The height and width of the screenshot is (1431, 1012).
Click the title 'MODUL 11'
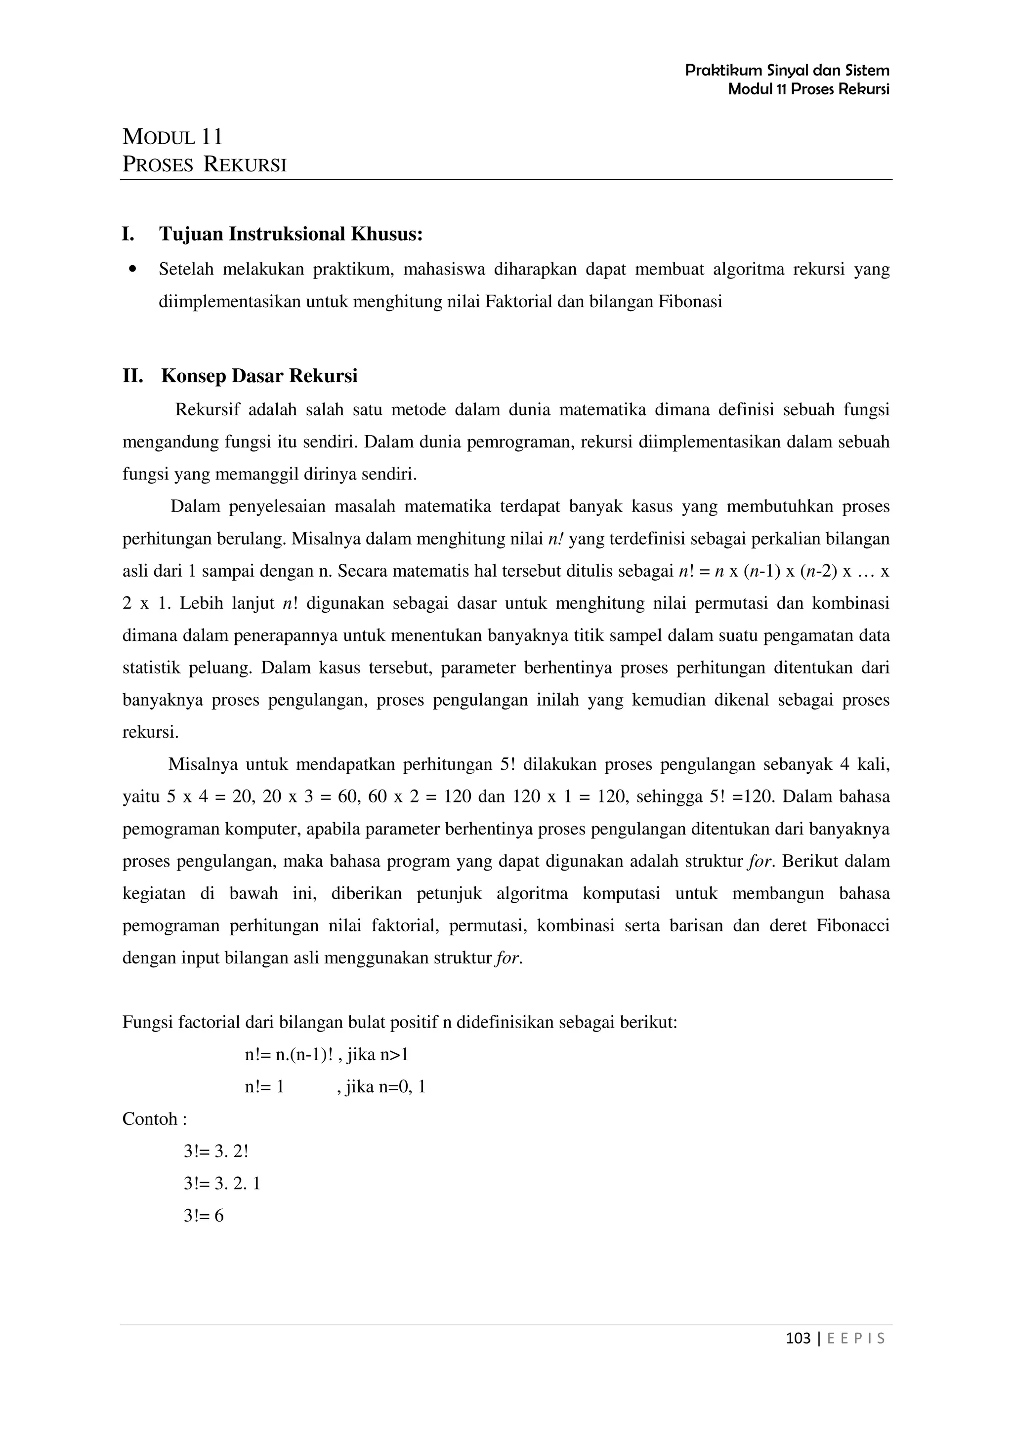point(173,136)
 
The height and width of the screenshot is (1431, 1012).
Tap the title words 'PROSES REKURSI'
point(205,164)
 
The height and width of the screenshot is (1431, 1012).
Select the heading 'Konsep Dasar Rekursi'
point(259,376)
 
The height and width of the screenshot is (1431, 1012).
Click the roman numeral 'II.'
point(133,376)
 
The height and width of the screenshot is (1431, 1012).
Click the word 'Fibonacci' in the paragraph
point(852,925)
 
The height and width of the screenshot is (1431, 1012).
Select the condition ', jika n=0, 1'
point(381,1087)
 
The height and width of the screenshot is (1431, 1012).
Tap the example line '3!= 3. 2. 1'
point(222,1184)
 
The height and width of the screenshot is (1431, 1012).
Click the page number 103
point(798,1338)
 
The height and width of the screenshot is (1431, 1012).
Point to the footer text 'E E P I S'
point(855,1338)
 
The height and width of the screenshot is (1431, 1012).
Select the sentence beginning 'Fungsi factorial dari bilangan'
point(399,1022)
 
